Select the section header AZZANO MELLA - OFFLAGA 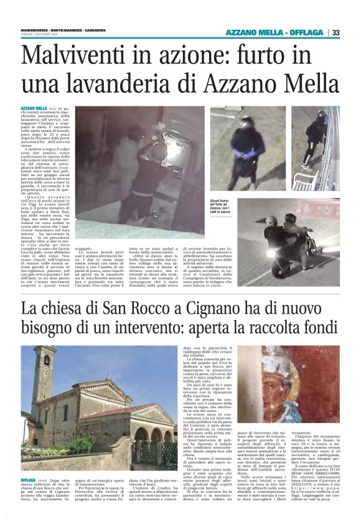click(274, 32)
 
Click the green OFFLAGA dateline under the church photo click(28, 481)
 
